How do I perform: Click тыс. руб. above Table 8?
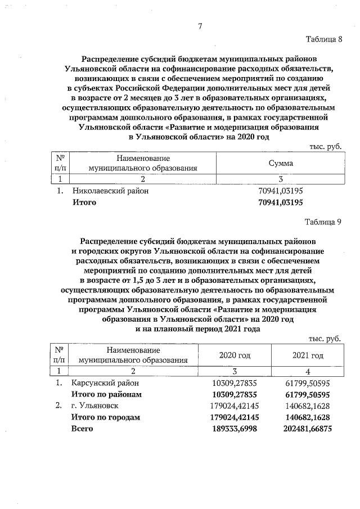pyautogui.click(x=326, y=146)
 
